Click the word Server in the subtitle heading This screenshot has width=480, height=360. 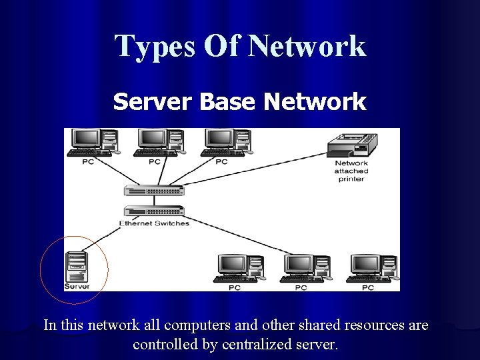tap(153, 102)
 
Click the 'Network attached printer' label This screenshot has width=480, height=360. tap(351, 171)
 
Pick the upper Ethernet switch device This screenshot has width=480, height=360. tap(154, 190)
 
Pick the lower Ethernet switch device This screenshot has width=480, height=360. tap(154, 211)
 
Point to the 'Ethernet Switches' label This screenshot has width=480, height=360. tap(154, 223)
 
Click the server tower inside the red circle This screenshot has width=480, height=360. tap(76, 267)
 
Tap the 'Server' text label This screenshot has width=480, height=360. tap(76, 287)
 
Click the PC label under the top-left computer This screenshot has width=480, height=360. tap(88, 161)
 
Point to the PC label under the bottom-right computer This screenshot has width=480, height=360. tap(368, 288)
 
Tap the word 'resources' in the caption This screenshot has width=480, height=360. tap(375, 325)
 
